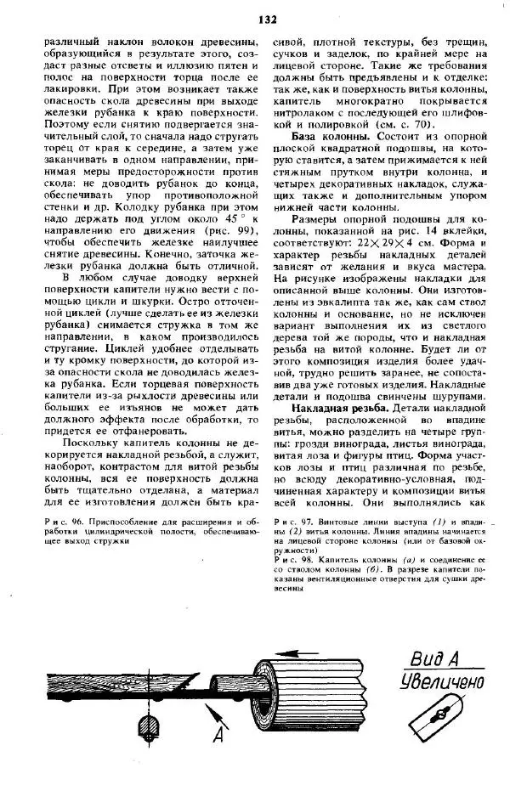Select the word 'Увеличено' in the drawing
point(441,681)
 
